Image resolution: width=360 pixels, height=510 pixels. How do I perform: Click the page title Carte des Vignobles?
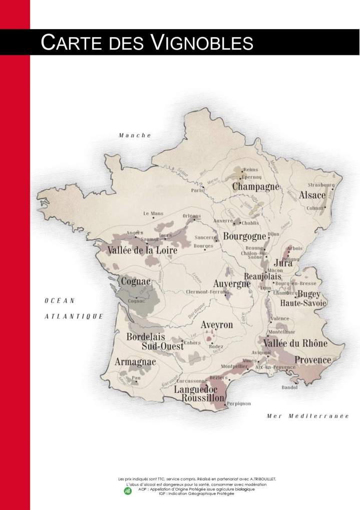[147, 42]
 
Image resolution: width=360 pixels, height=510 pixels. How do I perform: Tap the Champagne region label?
[255, 187]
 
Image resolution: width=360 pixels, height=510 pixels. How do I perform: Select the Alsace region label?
[312, 195]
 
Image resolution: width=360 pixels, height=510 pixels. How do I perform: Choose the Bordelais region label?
[146, 337]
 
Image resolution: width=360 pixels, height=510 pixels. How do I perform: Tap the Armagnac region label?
[135, 362]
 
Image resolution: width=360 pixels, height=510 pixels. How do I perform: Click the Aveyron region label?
[217, 325]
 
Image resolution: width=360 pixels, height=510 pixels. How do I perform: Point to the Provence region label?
[313, 360]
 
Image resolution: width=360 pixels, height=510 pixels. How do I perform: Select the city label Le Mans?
[154, 213]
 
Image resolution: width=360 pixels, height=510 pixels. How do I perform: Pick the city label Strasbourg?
[321, 185]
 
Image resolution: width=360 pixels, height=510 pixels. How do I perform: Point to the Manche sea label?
[135, 135]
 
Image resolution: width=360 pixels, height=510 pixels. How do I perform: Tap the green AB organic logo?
[128, 491]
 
